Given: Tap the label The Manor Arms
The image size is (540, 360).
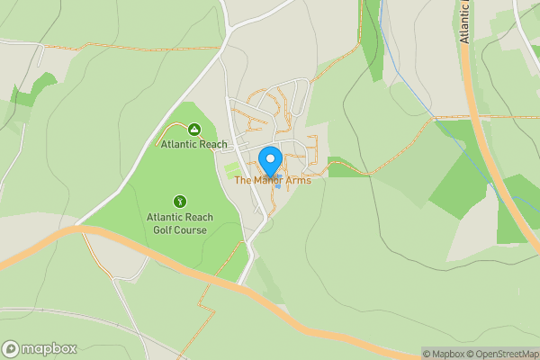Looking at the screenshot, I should (x=273, y=181).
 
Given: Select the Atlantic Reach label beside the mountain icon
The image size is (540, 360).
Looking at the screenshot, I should (x=193, y=145).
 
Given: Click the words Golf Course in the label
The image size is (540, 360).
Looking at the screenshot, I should (x=177, y=230).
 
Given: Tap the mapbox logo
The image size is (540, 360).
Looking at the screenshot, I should (x=40, y=348).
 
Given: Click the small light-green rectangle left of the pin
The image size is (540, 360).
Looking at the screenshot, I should (x=233, y=168).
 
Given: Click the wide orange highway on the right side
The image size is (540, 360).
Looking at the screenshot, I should (x=490, y=162).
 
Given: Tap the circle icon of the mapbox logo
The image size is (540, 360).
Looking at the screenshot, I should (x=11, y=349).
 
